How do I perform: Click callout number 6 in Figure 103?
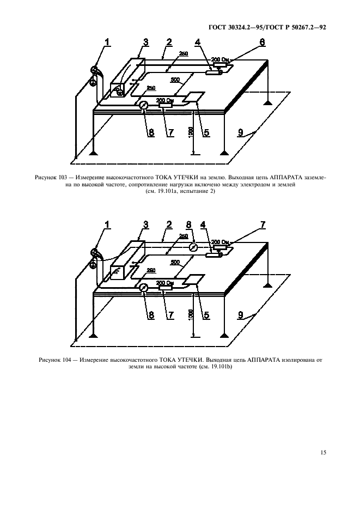(x=263, y=42)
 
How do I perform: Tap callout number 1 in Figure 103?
(x=107, y=41)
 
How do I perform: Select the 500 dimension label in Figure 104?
(x=175, y=263)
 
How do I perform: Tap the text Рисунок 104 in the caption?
(x=54, y=360)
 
